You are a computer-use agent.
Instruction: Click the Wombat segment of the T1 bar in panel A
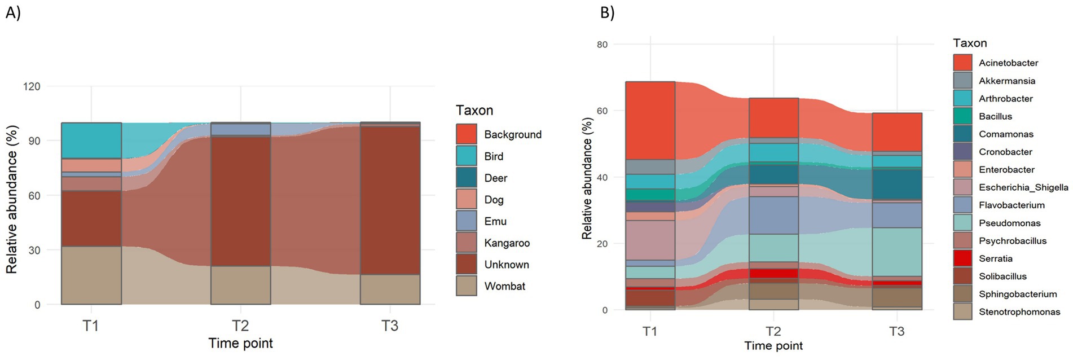[x=91, y=275]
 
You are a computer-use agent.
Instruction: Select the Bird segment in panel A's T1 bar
[x=91, y=141]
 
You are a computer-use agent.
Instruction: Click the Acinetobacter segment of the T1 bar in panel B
[x=650, y=120]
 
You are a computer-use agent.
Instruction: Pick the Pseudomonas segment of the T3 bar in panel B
[x=897, y=252]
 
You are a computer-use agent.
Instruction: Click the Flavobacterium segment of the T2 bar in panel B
[x=773, y=215]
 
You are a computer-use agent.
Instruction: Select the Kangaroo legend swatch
[x=467, y=243]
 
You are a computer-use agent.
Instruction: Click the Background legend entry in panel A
[x=512, y=134]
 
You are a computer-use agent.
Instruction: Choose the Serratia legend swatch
[x=962, y=258]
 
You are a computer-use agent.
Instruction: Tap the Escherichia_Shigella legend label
[x=1023, y=187]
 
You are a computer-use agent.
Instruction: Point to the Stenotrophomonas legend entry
[x=1019, y=311]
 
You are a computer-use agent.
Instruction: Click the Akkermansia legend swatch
[x=962, y=81]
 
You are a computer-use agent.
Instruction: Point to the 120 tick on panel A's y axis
[x=32, y=86]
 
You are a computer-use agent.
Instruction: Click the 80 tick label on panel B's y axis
[x=602, y=45]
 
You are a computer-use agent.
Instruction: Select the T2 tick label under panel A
[x=241, y=326]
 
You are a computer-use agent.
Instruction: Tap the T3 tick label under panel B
[x=896, y=331]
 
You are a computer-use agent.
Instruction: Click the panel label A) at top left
[x=13, y=12]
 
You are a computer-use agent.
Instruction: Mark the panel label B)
[x=607, y=12]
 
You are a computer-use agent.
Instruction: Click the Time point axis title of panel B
[x=773, y=346]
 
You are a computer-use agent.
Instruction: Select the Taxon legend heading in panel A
[x=474, y=110]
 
